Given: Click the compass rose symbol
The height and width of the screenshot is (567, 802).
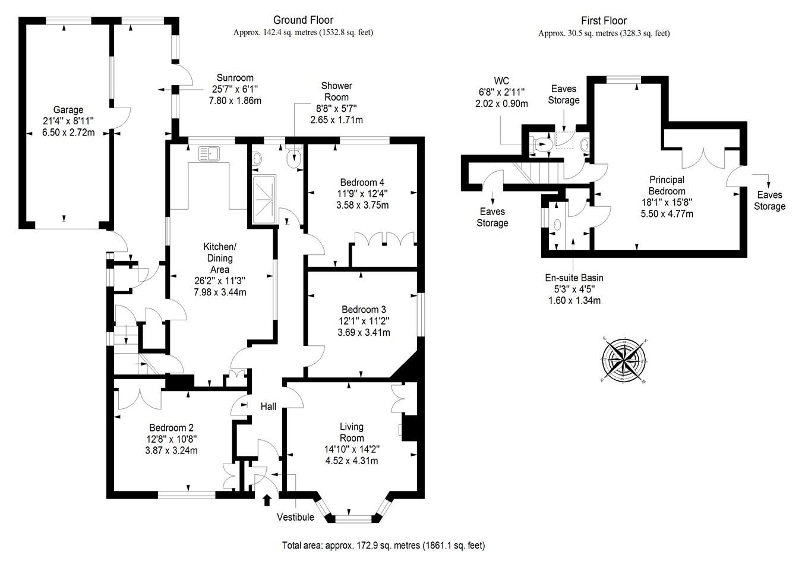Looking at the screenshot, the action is (624, 360).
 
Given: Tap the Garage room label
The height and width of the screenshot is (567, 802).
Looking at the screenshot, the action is (68, 109).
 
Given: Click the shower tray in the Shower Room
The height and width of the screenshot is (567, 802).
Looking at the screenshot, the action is (264, 199).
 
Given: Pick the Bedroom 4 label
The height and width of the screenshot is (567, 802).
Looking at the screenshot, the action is (362, 182).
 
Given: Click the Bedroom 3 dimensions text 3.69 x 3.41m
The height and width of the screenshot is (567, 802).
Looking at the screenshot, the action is (364, 332).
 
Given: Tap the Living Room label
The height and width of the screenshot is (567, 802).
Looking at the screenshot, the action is (352, 432).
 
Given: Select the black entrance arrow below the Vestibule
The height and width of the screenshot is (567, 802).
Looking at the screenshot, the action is (267, 500).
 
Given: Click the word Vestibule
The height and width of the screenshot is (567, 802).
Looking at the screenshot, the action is (295, 517).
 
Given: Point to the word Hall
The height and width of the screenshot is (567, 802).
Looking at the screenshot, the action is (268, 407).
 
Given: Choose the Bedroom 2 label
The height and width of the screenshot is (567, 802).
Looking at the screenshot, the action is (171, 428).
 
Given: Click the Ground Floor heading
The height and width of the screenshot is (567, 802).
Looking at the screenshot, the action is (303, 20).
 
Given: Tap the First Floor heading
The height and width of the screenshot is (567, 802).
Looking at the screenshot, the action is (604, 21).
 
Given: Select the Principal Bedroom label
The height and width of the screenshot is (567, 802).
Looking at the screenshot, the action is (667, 185).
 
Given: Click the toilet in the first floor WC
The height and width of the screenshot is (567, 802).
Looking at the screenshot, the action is (541, 144).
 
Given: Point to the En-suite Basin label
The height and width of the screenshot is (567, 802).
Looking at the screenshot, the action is (574, 278).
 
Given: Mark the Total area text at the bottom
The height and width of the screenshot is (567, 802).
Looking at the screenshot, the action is (383, 546).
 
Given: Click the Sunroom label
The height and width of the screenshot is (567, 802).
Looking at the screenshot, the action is (235, 78).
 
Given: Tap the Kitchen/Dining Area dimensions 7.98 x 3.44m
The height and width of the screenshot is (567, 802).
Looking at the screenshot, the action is (220, 292).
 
